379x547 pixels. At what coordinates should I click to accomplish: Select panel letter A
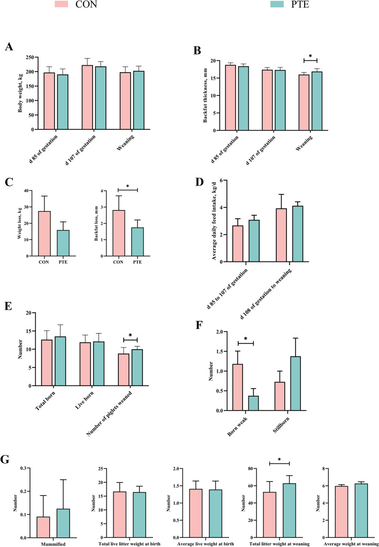coord(9,47)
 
